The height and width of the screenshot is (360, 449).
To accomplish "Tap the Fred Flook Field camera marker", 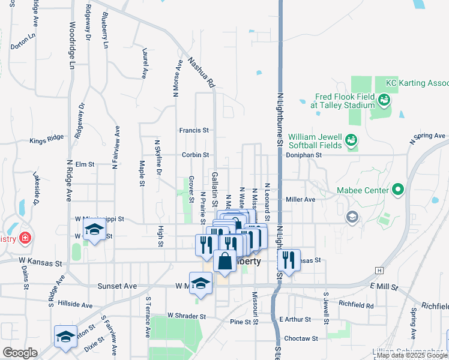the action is (385, 99).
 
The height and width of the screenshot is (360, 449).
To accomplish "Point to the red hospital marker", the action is (25, 238).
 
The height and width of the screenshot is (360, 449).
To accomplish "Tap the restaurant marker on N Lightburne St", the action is (289, 260).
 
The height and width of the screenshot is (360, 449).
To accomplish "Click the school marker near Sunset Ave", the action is (201, 283).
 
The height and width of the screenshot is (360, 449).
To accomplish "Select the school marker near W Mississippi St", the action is (94, 230).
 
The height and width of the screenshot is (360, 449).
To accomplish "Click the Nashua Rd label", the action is (201, 73).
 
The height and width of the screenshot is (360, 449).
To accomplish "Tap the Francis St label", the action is (194, 130).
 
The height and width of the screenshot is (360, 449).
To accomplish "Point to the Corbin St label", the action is (195, 155).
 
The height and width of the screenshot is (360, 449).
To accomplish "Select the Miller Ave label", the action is (301, 199).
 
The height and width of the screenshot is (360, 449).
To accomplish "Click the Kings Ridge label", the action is (46, 142).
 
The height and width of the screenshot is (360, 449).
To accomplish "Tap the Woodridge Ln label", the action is (73, 45).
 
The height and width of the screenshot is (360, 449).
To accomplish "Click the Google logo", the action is (20, 353).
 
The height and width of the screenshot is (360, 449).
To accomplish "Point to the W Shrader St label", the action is (187, 316).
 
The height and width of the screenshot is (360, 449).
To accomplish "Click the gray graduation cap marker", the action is (352, 217).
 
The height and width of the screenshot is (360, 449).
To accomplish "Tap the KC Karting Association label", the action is (417, 83).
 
